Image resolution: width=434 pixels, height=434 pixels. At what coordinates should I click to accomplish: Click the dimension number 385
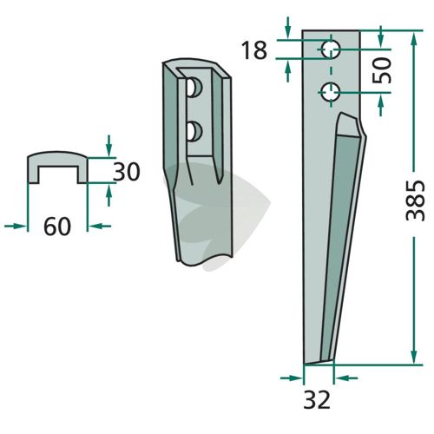[x=415, y=201]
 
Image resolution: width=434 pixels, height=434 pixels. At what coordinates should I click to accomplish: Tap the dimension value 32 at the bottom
[x=317, y=400]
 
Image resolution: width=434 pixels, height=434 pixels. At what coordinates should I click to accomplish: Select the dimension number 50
[x=382, y=70]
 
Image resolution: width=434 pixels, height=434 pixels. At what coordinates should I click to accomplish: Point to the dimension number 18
[x=253, y=50]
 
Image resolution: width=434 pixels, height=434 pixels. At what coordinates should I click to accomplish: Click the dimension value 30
[x=126, y=172]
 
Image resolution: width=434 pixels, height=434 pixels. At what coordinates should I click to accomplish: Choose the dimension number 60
[x=57, y=227]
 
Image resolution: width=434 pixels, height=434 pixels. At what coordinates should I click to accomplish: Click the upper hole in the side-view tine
[x=332, y=49]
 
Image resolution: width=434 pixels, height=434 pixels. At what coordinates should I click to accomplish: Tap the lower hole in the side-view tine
[x=332, y=92]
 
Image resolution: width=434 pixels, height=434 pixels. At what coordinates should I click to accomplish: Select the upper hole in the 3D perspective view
[x=194, y=87]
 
